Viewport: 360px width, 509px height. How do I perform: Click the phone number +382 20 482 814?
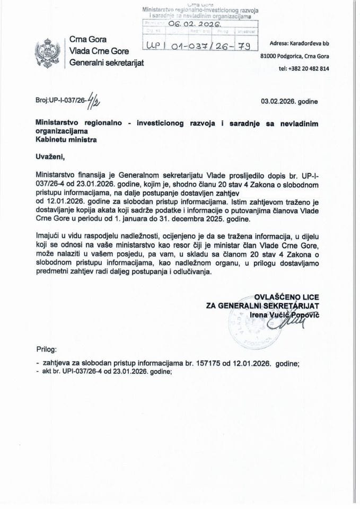tap(303, 68)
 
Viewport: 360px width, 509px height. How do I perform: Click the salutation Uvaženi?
tap(52, 157)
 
